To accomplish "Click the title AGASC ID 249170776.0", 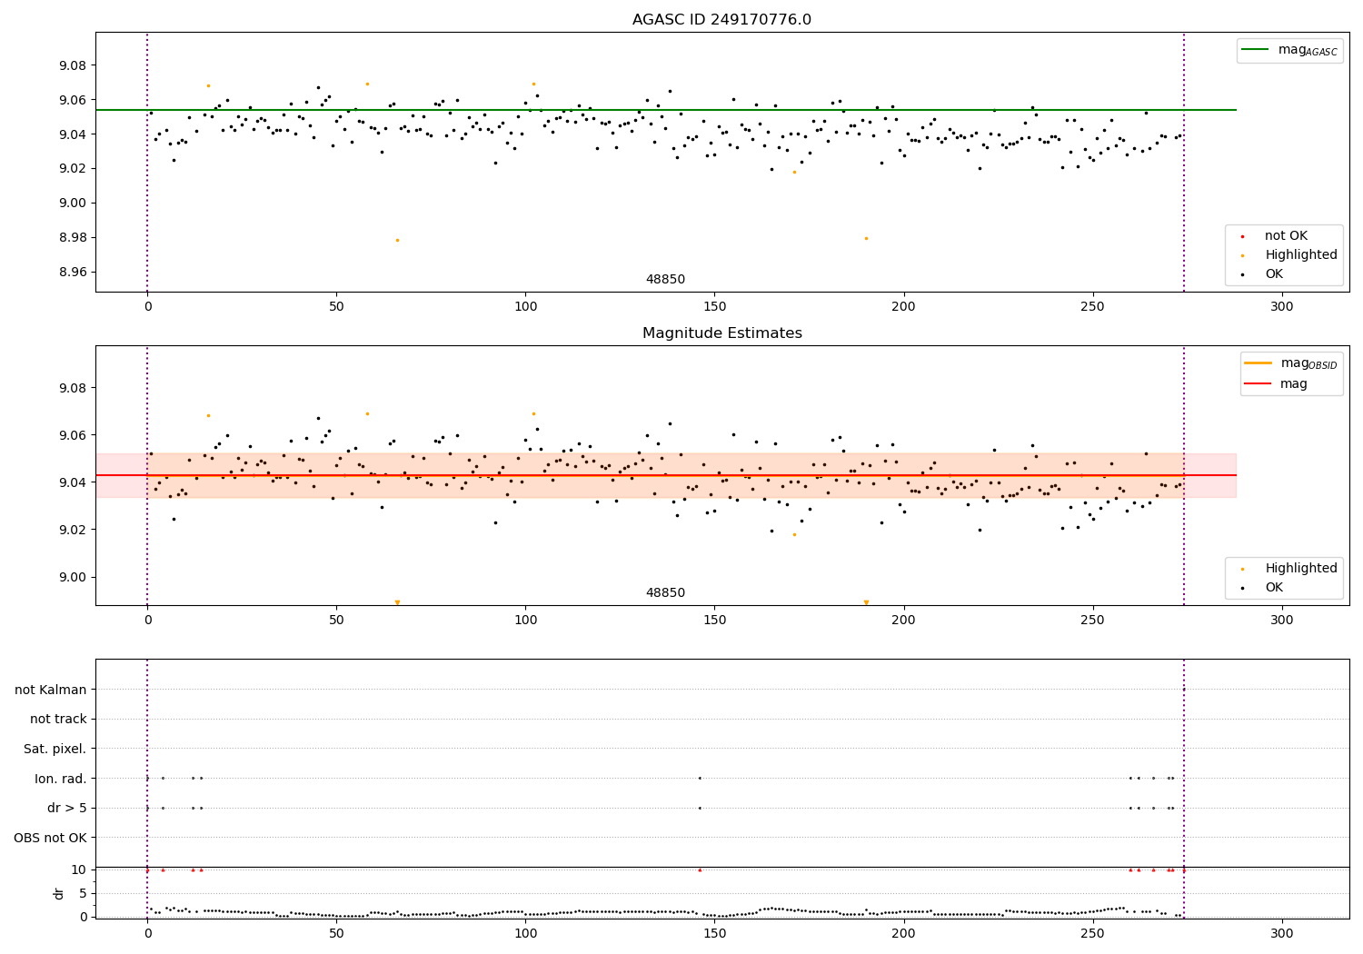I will [721, 20].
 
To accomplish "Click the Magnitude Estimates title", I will [721, 333].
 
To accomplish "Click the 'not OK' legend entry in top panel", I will [1286, 236].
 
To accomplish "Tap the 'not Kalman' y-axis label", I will [50, 690].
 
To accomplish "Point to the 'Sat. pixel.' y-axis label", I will [55, 749].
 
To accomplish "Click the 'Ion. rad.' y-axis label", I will [60, 779].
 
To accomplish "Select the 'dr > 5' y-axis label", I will [66, 808].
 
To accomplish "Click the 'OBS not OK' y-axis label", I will [50, 838].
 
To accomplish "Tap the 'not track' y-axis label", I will [58, 719].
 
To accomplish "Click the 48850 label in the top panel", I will [665, 280].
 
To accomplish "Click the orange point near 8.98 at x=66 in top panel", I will [397, 240].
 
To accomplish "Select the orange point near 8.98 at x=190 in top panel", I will [866, 238].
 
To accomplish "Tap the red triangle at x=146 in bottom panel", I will [700, 870].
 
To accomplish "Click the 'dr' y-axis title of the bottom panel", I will [59, 893].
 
